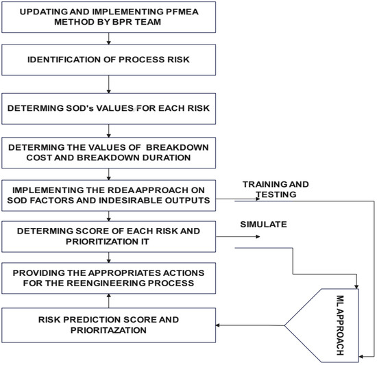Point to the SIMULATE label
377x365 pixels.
pyautogui.click(x=262, y=224)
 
